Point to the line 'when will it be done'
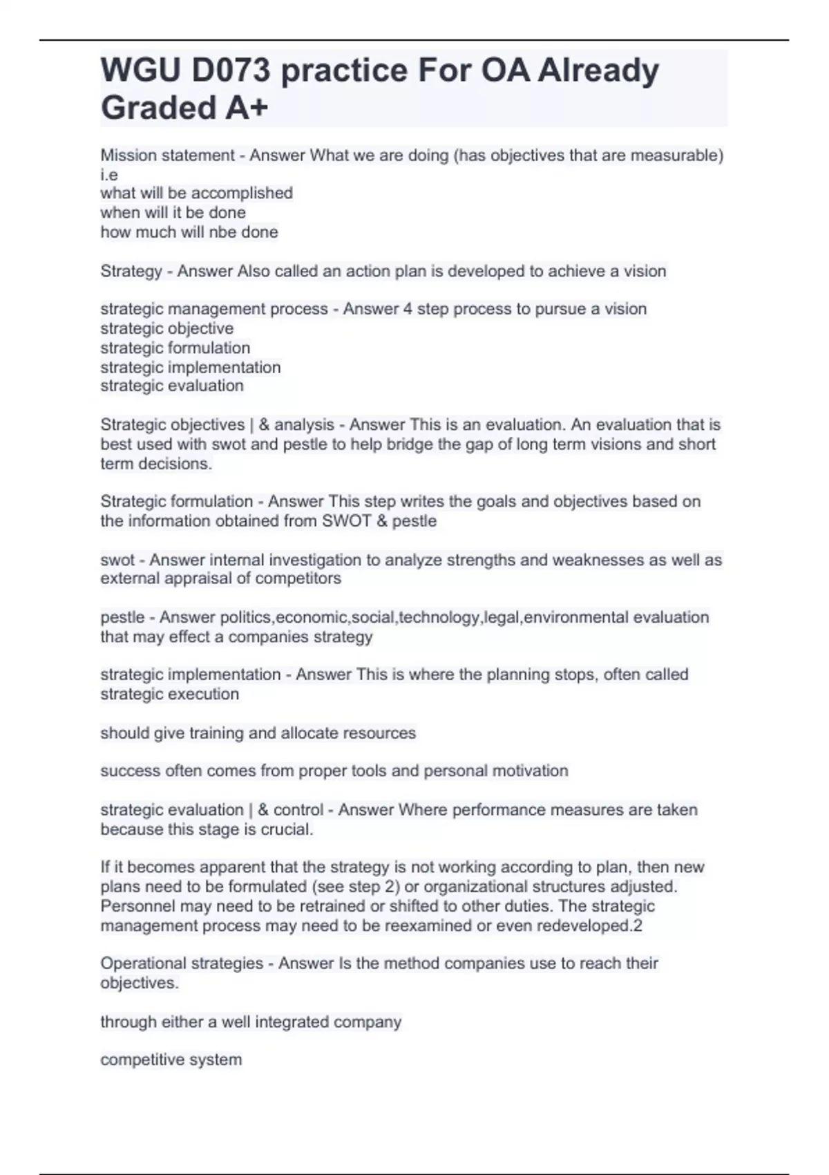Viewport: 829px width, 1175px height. tap(173, 213)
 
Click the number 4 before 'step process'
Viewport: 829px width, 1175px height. tap(407, 309)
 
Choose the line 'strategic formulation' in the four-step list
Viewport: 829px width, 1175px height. tap(175, 348)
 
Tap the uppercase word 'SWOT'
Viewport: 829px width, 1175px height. tap(347, 521)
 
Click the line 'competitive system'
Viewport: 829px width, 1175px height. tap(171, 1060)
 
